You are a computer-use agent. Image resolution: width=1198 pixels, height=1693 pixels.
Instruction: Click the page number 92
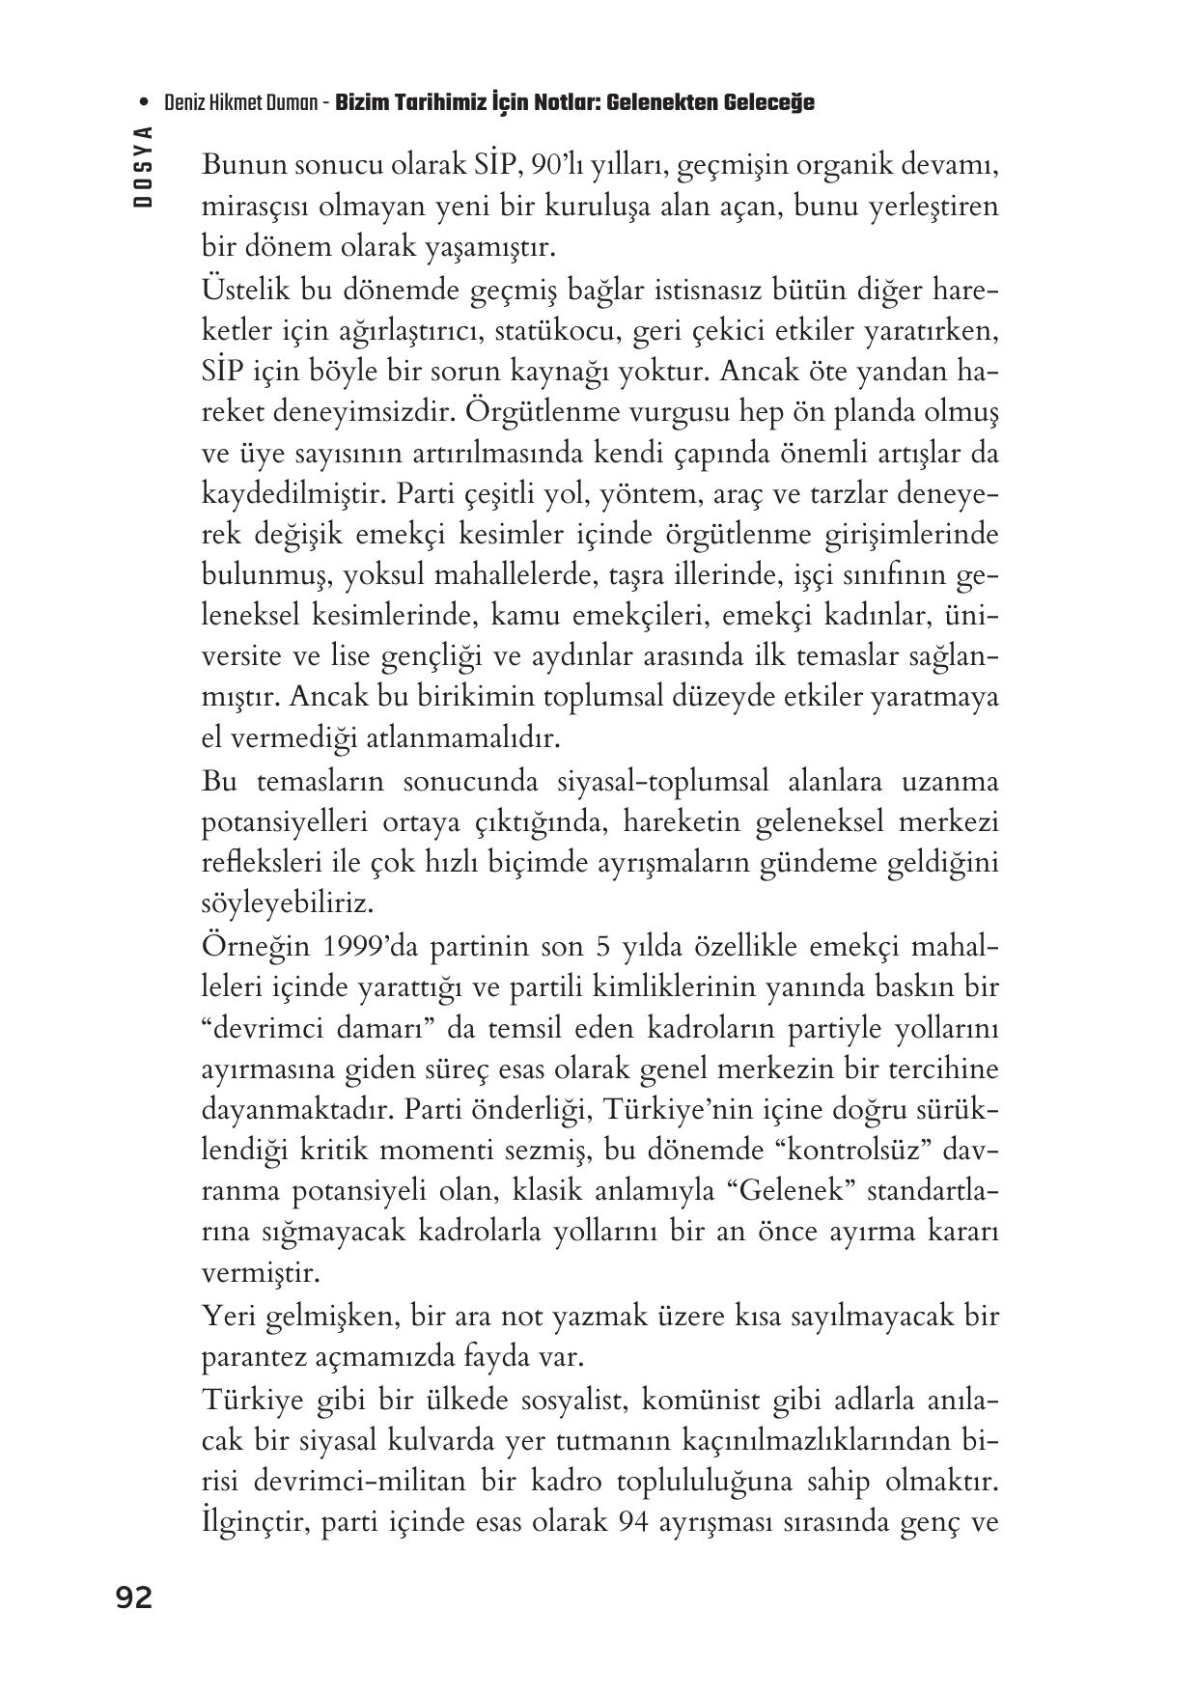pyautogui.click(x=134, y=1597)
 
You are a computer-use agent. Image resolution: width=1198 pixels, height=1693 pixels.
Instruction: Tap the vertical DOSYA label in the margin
pyautogui.click(x=144, y=167)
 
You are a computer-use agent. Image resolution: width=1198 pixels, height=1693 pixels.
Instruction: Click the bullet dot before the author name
pyautogui.click(x=145, y=102)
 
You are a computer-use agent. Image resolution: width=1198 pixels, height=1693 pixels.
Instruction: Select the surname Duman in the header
pyautogui.click(x=296, y=102)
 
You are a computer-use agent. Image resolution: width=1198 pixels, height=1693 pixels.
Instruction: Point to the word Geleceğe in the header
pyautogui.click(x=767, y=102)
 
